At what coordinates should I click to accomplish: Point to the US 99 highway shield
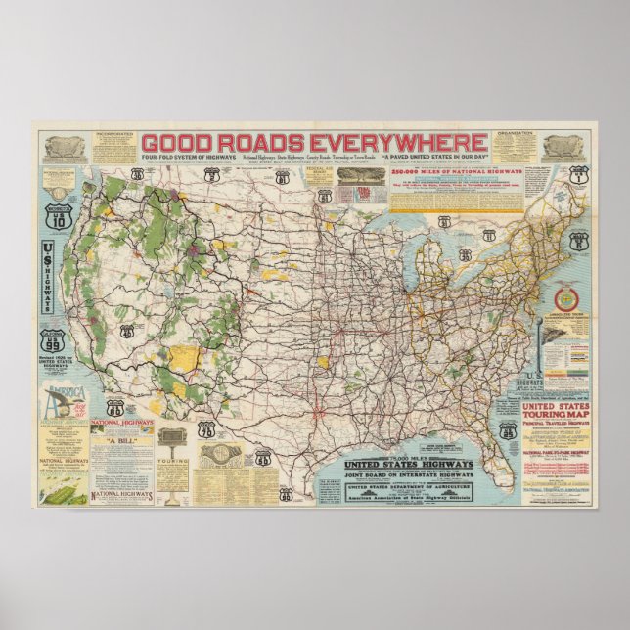tap(52, 344)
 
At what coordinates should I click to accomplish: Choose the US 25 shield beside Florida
tap(507, 429)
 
